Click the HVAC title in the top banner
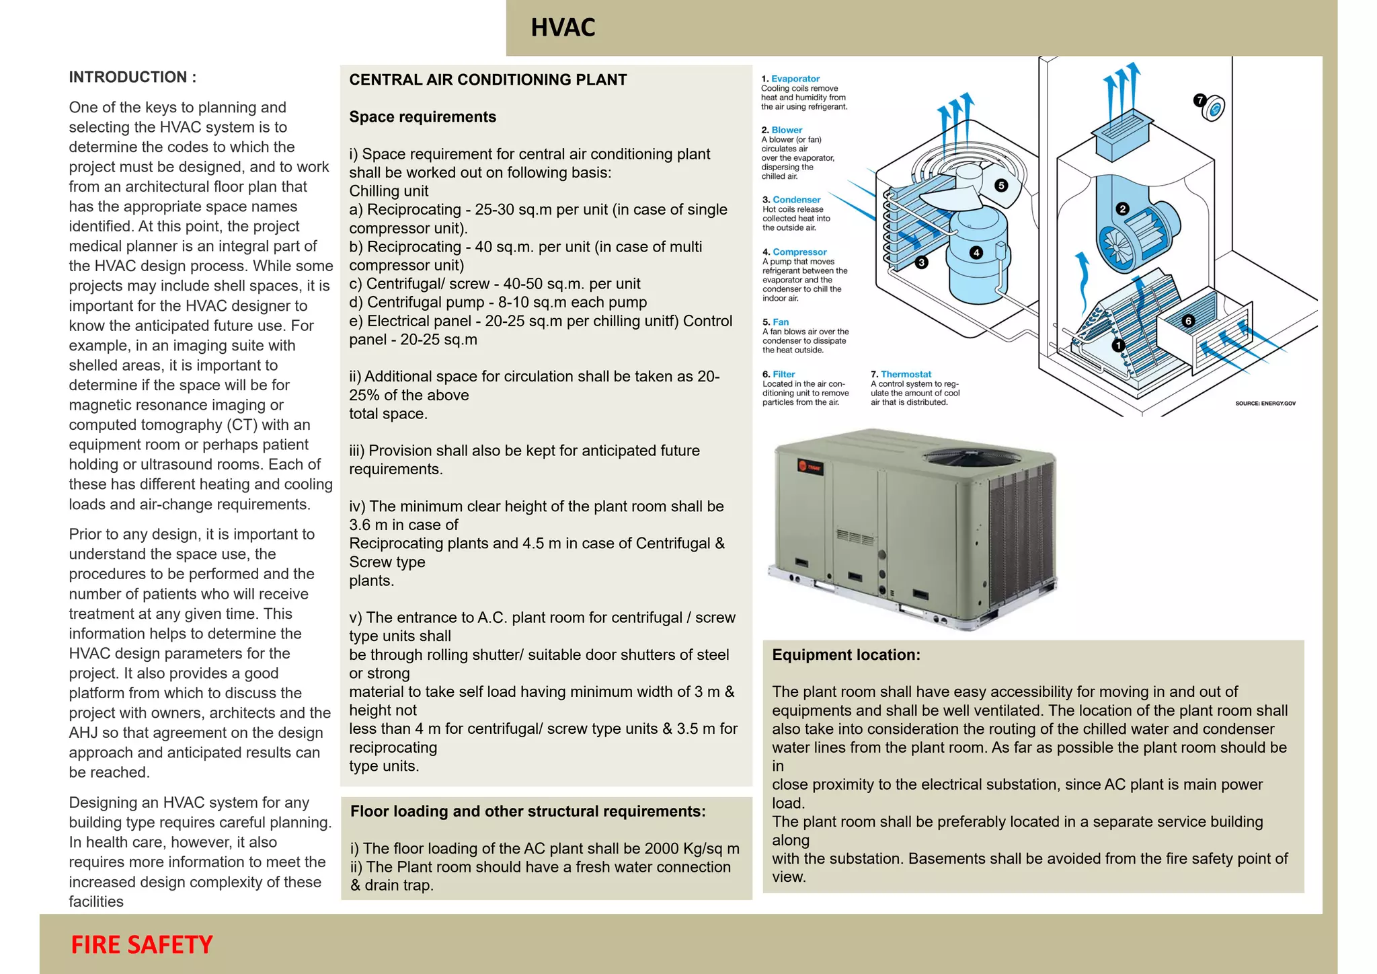click(563, 28)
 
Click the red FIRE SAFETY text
click(142, 944)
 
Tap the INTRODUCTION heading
click(132, 77)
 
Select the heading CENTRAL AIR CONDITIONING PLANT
click(487, 80)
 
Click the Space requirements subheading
click(422, 117)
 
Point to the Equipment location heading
click(846, 655)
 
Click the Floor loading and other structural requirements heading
click(528, 811)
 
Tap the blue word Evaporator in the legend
click(795, 79)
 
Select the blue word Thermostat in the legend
click(906, 374)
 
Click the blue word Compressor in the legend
click(799, 252)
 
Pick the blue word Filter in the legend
click(783, 374)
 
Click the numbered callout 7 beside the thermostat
click(1200, 100)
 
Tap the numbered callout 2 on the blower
click(1122, 209)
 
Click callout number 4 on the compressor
click(976, 252)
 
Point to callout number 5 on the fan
click(1001, 185)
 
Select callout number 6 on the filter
click(1188, 321)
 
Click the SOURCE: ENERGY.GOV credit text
click(1265, 404)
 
